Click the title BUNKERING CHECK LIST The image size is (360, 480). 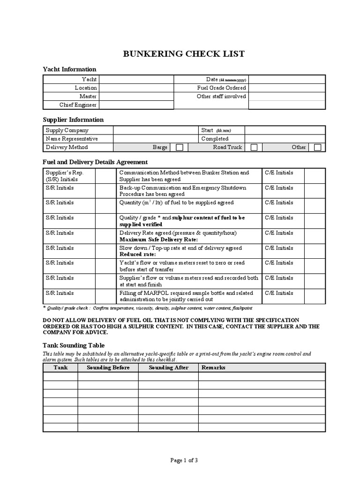pos(183,54)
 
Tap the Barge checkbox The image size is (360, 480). pos(179,147)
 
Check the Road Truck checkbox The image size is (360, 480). pos(254,147)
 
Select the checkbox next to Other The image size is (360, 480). pos(317,147)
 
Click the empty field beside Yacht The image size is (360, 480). pos(136,79)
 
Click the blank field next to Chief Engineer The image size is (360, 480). pos(136,105)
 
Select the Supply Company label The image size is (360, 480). pos(67,130)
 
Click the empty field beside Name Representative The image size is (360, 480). pos(155,139)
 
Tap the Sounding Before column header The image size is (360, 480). pos(108,367)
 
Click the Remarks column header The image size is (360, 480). pos(213,367)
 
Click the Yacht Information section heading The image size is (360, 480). pos(69,69)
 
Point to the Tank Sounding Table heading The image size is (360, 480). pos(74,345)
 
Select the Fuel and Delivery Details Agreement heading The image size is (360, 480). pos(95,162)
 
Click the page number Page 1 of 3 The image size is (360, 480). pos(184,460)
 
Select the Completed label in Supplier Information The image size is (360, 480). pos(215,139)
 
